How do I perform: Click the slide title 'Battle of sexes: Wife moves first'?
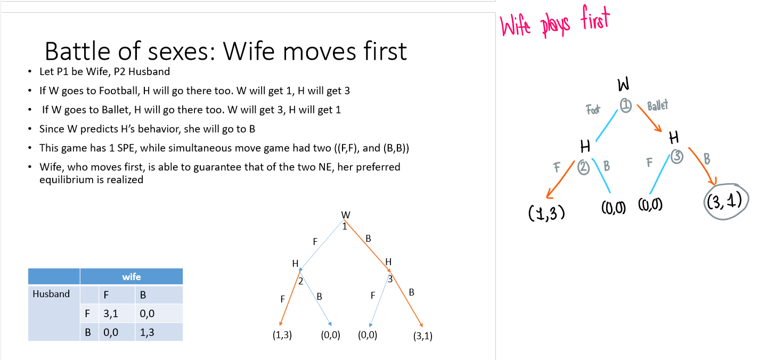(225, 51)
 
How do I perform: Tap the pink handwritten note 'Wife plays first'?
(554, 23)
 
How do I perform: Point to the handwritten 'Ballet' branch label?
(657, 105)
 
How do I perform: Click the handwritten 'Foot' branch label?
(593, 110)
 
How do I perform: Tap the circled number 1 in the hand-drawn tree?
(626, 107)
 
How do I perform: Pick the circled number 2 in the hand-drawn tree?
(584, 168)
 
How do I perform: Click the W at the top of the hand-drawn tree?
(623, 85)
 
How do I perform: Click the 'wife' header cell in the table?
(131, 276)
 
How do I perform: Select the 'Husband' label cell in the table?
(51, 294)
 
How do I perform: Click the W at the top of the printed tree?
(346, 215)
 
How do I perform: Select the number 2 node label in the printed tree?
(300, 281)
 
